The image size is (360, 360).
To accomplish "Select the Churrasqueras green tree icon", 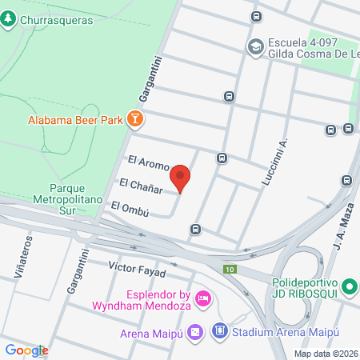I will click(x=9, y=20).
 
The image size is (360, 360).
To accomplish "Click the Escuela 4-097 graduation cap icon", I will click(x=256, y=46).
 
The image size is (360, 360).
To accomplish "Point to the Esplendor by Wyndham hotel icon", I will click(x=203, y=298).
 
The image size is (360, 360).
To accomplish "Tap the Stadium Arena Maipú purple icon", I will click(x=219, y=331).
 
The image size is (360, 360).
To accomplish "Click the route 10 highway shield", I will click(x=230, y=269).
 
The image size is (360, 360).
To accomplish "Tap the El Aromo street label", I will click(x=148, y=166).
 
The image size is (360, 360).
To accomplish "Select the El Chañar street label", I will click(x=142, y=186).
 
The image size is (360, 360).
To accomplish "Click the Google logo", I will click(x=26, y=350).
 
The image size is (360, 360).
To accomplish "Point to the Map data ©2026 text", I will click(x=326, y=353).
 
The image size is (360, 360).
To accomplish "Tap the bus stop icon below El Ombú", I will click(x=195, y=230).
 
